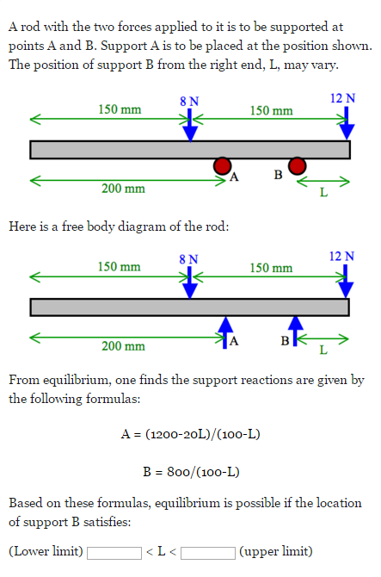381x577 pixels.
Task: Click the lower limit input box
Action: (114, 552)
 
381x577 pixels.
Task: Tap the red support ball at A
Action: (223, 165)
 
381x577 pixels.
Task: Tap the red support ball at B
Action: (297, 165)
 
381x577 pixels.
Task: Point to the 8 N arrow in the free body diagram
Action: (190, 282)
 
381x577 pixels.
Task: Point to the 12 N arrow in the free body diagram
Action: (346, 280)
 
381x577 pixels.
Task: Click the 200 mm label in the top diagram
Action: (124, 189)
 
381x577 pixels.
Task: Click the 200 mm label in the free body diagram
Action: (124, 346)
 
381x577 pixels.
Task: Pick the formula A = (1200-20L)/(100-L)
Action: (190, 433)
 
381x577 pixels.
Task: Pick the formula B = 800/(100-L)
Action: (190, 471)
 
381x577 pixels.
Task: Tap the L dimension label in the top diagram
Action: (323, 192)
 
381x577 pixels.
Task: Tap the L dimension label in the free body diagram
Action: (323, 350)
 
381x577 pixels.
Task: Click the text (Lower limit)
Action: (46, 552)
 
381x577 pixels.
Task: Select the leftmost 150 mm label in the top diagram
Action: (119, 109)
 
